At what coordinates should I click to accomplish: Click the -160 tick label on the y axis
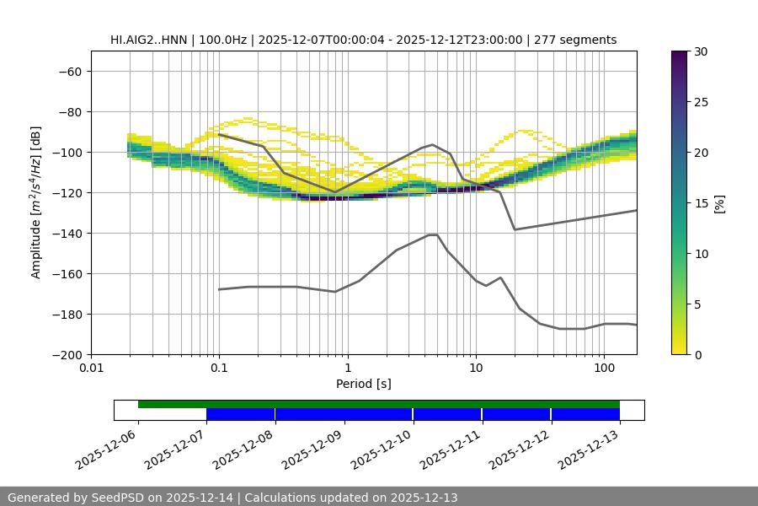(x=67, y=273)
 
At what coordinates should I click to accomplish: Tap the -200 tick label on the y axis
(x=67, y=354)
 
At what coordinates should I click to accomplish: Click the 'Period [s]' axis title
(x=364, y=385)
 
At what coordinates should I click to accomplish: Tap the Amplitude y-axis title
(x=36, y=202)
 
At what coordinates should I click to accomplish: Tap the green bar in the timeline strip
(x=379, y=404)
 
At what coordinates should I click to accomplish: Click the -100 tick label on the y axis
(x=67, y=152)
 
